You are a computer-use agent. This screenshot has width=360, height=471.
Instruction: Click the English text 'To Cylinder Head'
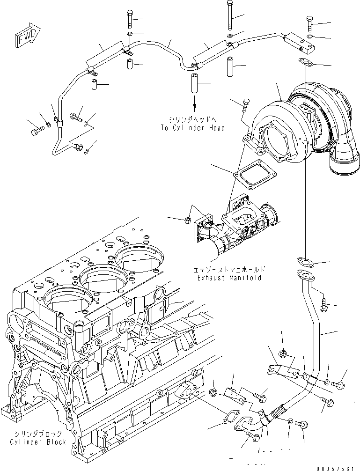click(192, 128)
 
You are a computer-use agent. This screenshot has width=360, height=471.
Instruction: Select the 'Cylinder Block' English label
click(37, 442)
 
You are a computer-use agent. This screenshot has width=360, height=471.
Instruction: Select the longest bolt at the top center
click(229, 14)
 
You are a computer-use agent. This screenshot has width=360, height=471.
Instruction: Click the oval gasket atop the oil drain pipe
click(303, 260)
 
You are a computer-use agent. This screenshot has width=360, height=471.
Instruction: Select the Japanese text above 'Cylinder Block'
click(37, 434)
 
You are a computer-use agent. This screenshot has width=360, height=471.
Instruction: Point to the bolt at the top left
click(129, 19)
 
